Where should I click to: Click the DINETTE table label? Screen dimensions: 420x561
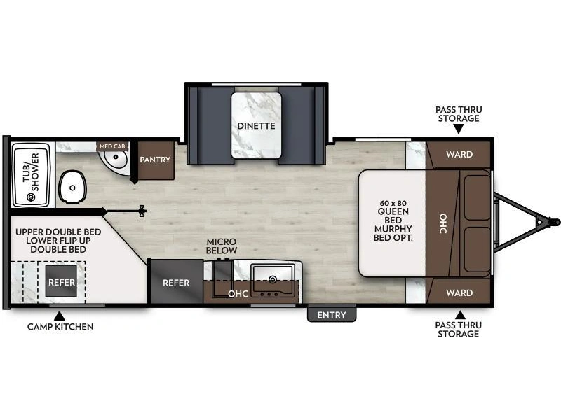tap(255, 126)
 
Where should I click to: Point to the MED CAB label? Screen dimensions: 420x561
tap(111, 146)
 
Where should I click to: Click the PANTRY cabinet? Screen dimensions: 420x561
tap(155, 160)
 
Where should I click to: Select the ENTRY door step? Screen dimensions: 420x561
tap(331, 315)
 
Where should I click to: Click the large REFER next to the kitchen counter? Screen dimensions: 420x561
tap(176, 283)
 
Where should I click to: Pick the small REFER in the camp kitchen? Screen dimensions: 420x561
tap(61, 283)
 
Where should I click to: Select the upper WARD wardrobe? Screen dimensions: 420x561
tap(459, 154)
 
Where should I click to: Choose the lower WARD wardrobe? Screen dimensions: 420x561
tap(459, 293)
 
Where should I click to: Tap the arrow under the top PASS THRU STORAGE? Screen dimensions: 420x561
tap(458, 129)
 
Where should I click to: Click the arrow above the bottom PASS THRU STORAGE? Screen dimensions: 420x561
tap(459, 314)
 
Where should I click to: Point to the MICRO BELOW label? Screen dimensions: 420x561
tap(222, 246)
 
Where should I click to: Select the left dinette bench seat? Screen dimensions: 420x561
tap(208, 125)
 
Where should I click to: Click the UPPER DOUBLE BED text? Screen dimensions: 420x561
tap(53, 232)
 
